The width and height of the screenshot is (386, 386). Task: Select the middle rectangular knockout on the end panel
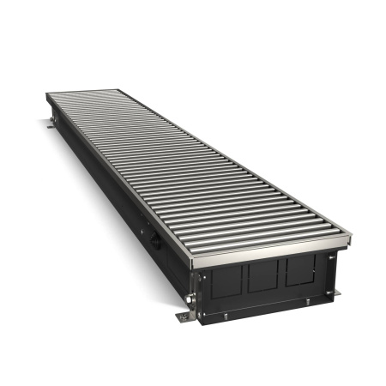(x=263, y=276)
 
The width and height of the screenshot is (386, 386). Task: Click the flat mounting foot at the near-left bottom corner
(x=185, y=317)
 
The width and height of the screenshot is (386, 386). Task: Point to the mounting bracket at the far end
(x=50, y=124)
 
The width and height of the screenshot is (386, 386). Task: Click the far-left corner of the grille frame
(x=46, y=95)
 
